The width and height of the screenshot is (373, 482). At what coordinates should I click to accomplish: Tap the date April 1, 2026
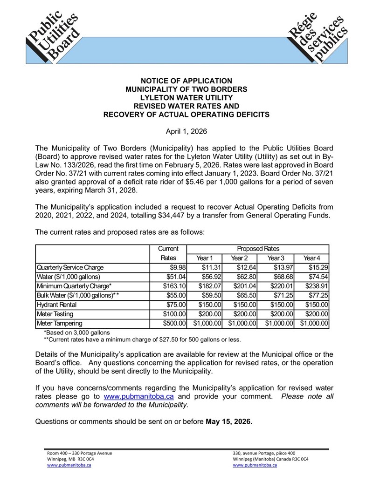click(x=186, y=131)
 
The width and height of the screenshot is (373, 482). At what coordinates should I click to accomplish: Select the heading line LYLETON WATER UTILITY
click(x=186, y=97)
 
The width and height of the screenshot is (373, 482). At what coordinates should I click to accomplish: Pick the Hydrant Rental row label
click(x=55, y=305)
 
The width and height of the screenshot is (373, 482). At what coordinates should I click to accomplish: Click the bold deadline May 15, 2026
click(x=229, y=422)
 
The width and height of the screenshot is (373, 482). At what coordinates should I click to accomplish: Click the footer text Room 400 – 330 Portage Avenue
click(x=79, y=453)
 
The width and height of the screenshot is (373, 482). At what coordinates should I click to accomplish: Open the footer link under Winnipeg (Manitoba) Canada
click(x=255, y=465)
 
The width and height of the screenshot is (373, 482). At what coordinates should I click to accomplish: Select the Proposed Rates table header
click(x=258, y=249)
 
